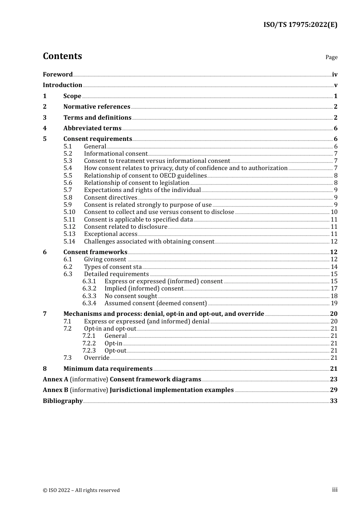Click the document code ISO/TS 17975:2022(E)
(300, 25)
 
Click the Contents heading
(62, 56)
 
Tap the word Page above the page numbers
(331, 57)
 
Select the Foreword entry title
(58, 75)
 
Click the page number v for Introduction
(335, 85)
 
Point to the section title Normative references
(97, 107)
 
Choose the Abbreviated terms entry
(92, 128)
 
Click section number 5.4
(67, 168)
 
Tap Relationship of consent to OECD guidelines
(145, 176)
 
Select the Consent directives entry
(110, 198)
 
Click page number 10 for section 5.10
(334, 212)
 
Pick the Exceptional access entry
(110, 234)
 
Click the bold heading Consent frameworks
(95, 252)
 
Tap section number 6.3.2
(89, 289)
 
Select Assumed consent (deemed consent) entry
(155, 303)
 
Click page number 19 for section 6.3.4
(334, 303)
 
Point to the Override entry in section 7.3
(97, 358)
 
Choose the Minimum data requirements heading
(108, 369)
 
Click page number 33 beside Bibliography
(333, 401)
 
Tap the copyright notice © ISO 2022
(81, 490)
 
